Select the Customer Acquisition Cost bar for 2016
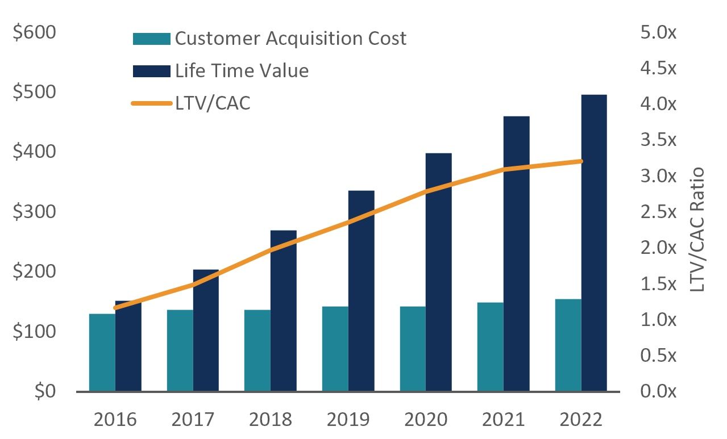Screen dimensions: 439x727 tap(102, 352)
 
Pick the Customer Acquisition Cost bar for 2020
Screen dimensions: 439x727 tap(413, 349)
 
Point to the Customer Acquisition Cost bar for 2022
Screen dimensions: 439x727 tap(568, 345)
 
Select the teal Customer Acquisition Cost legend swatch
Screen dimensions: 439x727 tap(151, 39)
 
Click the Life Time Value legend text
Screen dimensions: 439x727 tap(242, 71)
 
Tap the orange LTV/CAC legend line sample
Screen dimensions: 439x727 tap(151, 103)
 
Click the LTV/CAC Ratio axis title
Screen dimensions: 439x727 tap(697, 229)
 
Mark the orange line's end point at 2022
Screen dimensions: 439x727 tap(581, 161)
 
